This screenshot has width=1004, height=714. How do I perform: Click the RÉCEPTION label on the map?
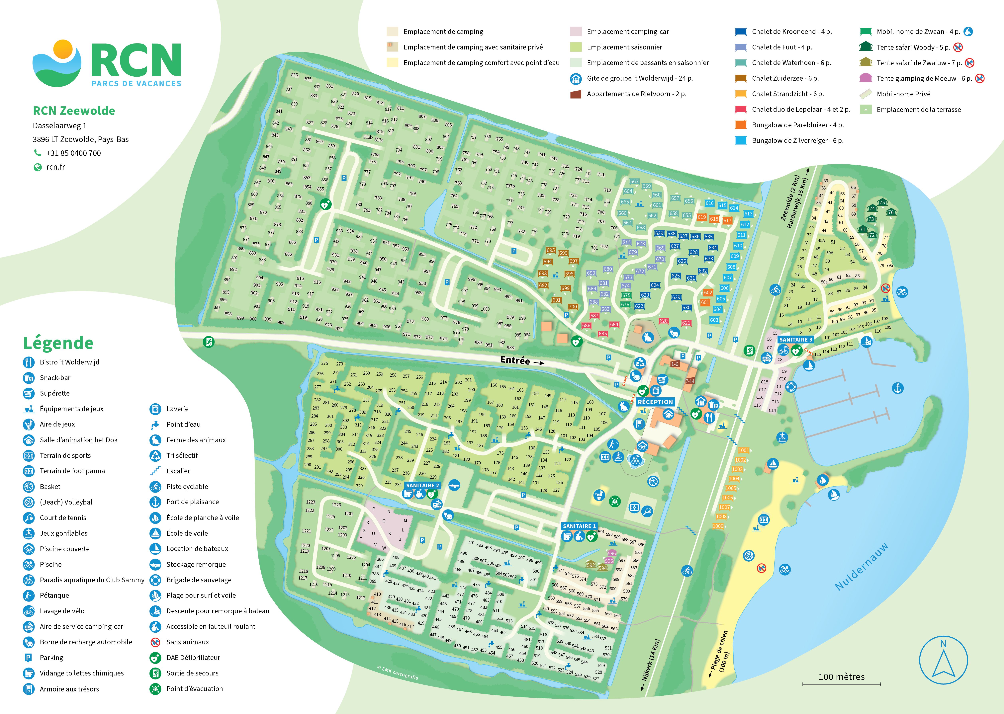click(655, 402)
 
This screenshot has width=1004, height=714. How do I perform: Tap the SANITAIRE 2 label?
click(422, 485)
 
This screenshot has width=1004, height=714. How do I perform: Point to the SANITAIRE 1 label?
click(579, 526)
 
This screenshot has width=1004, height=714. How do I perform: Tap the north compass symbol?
click(943, 660)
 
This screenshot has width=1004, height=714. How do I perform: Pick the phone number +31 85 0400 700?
click(73, 153)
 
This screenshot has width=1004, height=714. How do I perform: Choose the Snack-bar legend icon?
click(29, 378)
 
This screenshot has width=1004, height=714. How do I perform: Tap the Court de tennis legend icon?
click(29, 517)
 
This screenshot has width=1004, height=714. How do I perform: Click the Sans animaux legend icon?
click(155, 642)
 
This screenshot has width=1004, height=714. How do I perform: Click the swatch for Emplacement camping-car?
click(576, 32)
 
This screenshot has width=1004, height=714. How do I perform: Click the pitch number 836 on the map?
click(294, 75)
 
